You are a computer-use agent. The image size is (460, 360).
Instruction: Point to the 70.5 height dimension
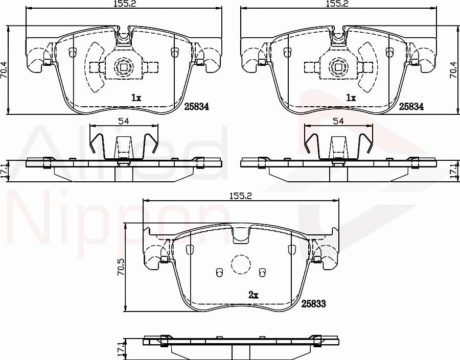coord(121,267)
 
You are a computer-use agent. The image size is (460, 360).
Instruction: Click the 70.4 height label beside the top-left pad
coord(4,69)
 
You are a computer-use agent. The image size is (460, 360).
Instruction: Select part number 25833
coord(313,303)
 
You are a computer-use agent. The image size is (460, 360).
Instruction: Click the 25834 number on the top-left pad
coord(197,106)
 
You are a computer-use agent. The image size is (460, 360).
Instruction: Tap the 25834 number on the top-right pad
coord(411,106)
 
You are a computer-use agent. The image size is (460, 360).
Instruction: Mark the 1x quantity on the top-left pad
coord(135,98)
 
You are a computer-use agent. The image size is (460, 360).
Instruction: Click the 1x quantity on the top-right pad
coord(350,98)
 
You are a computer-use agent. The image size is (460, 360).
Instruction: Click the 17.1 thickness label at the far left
coord(4,171)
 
